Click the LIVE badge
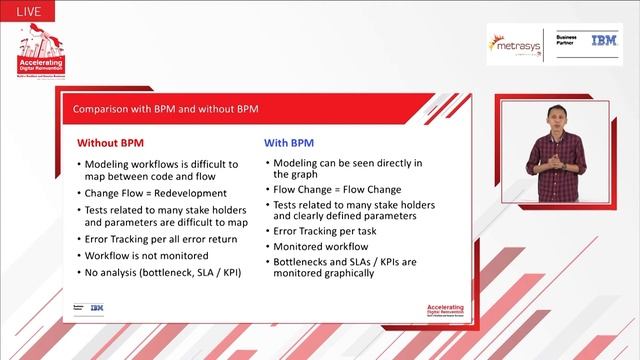26,9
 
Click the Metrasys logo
513,46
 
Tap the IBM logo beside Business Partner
603,41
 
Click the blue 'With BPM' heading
289,143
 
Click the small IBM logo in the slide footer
97,307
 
